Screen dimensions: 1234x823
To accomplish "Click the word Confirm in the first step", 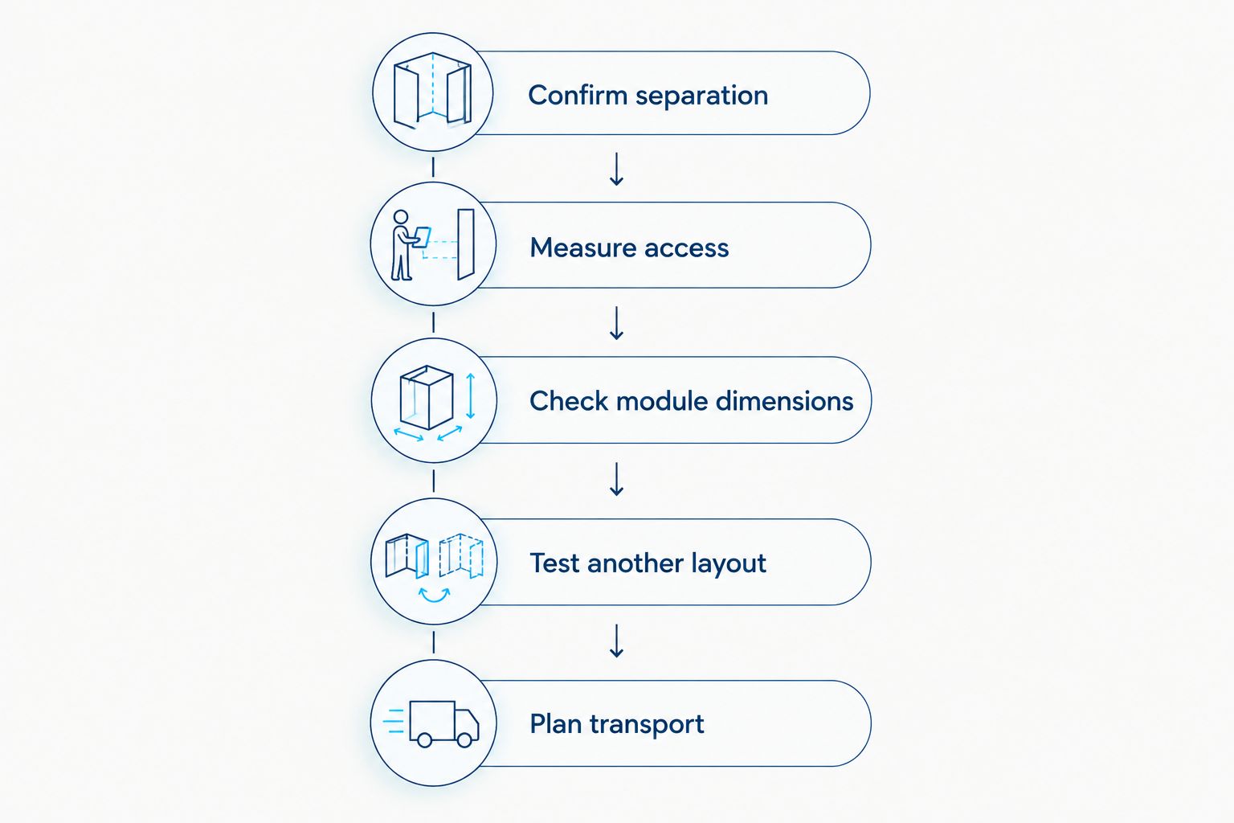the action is [x=578, y=95].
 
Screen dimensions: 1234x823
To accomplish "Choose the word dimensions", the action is [x=784, y=401].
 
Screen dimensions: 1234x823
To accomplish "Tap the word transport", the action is [x=647, y=725].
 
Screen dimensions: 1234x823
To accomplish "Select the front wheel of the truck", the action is [x=464, y=739].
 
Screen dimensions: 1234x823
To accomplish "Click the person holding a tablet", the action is [x=407, y=245].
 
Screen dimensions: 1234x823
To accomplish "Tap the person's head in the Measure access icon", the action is [x=401, y=217].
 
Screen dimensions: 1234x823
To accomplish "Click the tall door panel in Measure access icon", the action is [x=466, y=244].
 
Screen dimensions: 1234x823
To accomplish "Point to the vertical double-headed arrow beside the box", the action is [x=471, y=395].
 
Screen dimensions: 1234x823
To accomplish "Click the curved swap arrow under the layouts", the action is [x=434, y=596].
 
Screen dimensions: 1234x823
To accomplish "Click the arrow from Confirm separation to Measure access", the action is [x=616, y=169].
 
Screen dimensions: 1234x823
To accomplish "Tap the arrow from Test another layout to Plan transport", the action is [x=616, y=641].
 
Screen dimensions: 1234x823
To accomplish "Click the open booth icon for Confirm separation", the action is [x=432, y=90].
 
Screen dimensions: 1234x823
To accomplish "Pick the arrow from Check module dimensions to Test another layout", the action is [x=616, y=479].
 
